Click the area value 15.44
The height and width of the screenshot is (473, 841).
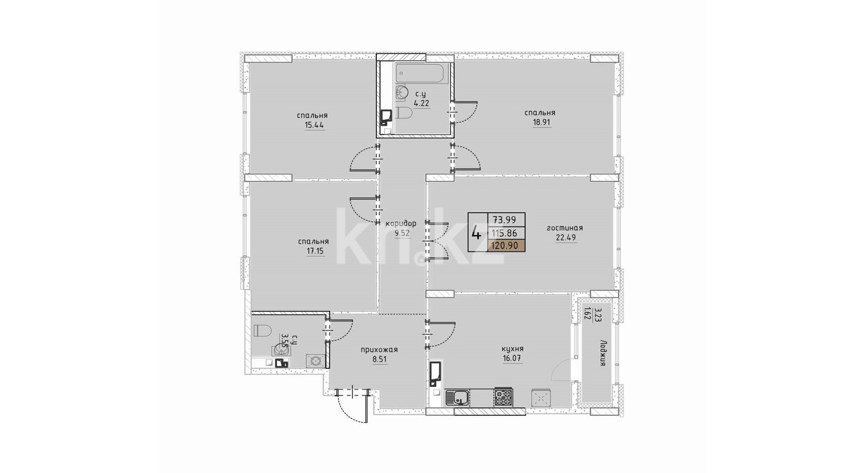(x=314, y=125)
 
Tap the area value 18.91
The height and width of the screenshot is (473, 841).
(x=542, y=122)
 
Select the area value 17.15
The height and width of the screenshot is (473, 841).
(x=315, y=251)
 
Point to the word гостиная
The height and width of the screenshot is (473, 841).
(x=565, y=228)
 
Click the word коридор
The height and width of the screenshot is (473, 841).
(x=401, y=224)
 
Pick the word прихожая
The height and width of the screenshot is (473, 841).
(x=379, y=350)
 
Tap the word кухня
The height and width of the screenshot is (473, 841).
(x=512, y=349)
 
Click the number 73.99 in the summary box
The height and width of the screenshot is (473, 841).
(x=505, y=220)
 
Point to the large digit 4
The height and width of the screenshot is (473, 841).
(x=476, y=233)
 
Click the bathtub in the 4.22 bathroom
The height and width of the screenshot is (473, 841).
(x=421, y=73)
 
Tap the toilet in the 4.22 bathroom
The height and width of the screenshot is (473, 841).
(x=404, y=113)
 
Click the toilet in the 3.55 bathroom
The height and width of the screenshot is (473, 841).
(x=262, y=331)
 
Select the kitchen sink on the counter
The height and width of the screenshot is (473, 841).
(x=457, y=397)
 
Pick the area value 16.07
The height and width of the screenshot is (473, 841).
(x=512, y=358)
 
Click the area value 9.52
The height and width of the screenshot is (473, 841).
(x=402, y=233)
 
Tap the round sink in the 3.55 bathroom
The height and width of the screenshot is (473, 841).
(x=281, y=349)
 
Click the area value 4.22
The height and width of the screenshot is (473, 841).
(x=421, y=103)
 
